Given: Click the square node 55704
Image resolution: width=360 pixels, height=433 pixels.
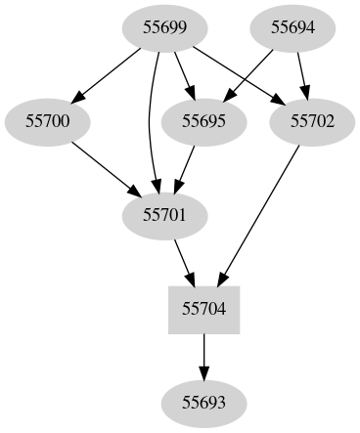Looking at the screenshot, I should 204,308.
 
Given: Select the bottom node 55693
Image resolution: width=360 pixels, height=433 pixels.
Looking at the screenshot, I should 204,401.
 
